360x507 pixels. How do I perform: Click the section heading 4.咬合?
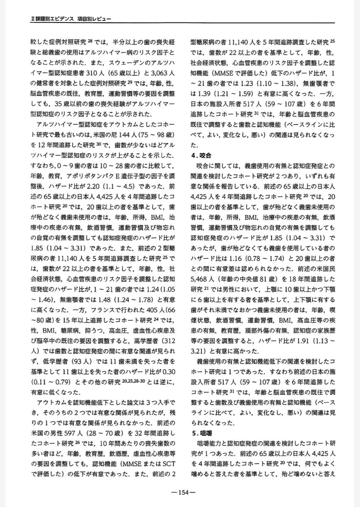pyautogui.click(x=201, y=156)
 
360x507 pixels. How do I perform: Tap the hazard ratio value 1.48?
pyautogui.click(x=104, y=299)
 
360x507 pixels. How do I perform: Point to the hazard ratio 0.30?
pyautogui.click(x=168, y=372)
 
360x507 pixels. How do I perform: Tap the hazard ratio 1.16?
pyautogui.click(x=236, y=258)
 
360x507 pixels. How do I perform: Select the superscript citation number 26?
pyautogui.click(x=88, y=443)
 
